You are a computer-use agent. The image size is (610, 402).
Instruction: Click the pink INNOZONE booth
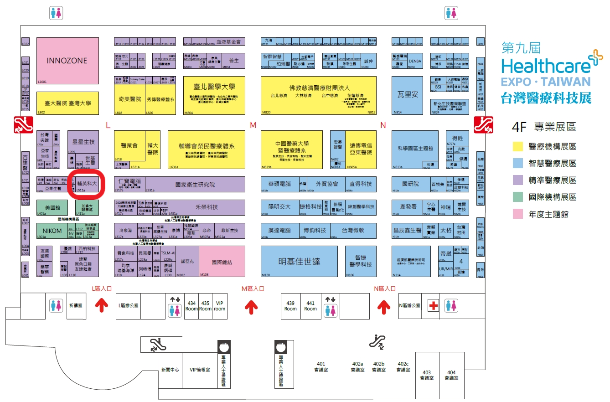coord(67,61)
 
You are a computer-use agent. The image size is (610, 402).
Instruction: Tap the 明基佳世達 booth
coord(299,262)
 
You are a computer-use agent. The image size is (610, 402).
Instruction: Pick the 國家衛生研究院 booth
coord(195,185)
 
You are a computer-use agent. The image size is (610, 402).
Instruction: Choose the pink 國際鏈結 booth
coord(222,262)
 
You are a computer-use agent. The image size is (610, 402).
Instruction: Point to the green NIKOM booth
coord(52,231)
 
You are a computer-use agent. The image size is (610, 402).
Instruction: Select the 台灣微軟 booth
coord(354,231)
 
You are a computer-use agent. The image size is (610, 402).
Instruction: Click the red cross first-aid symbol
coord(433,306)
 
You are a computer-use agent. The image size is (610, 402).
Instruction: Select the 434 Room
coord(192,306)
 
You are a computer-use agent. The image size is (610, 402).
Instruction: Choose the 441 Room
coord(310,306)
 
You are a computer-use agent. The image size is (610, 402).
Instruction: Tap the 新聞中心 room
coord(170,370)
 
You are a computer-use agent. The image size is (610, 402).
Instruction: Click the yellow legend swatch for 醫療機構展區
coord(517,146)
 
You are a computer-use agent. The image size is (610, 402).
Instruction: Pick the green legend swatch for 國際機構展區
coord(517,197)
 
